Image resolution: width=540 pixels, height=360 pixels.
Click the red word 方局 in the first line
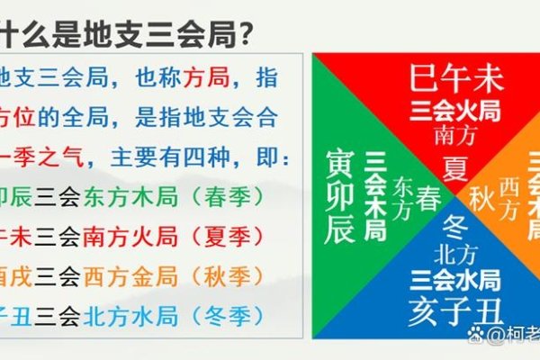click(x=203, y=78)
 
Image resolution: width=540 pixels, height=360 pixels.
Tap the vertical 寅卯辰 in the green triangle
click(x=341, y=196)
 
